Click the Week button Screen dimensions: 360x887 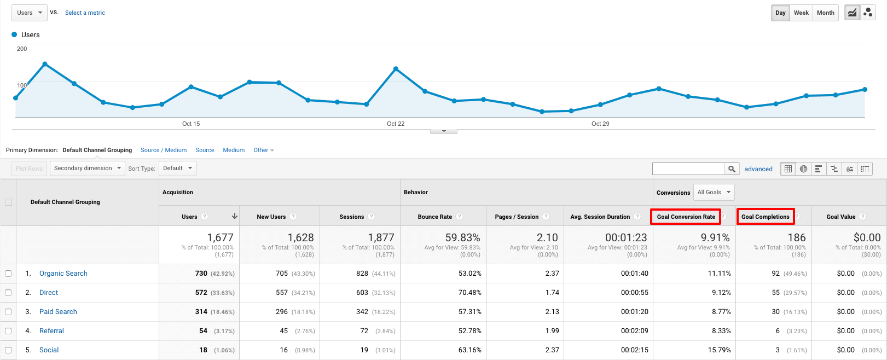[x=801, y=13]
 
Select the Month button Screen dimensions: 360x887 [x=825, y=13]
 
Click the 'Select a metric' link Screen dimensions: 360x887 [x=85, y=13]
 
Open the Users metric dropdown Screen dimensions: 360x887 [x=29, y=13]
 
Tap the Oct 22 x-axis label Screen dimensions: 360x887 [x=396, y=124]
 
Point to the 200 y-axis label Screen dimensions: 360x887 [x=22, y=49]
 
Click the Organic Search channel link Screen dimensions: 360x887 [x=63, y=274]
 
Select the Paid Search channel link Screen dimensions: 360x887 [x=58, y=312]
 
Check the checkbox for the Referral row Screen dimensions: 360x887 [x=8, y=331]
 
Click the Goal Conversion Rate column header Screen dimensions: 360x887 [x=686, y=217]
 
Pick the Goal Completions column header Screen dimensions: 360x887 [x=765, y=217]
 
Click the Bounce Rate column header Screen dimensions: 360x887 [x=434, y=217]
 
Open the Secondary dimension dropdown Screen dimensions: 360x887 [x=88, y=169]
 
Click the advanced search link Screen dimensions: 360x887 [x=758, y=169]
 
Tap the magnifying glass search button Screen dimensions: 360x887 [x=732, y=169]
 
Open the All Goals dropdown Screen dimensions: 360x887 [x=714, y=192]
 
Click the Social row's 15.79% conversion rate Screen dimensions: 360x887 [x=719, y=350]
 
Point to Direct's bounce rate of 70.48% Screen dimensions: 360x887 [x=469, y=293]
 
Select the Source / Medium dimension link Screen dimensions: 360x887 [x=164, y=150]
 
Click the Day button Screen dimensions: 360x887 [x=780, y=13]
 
